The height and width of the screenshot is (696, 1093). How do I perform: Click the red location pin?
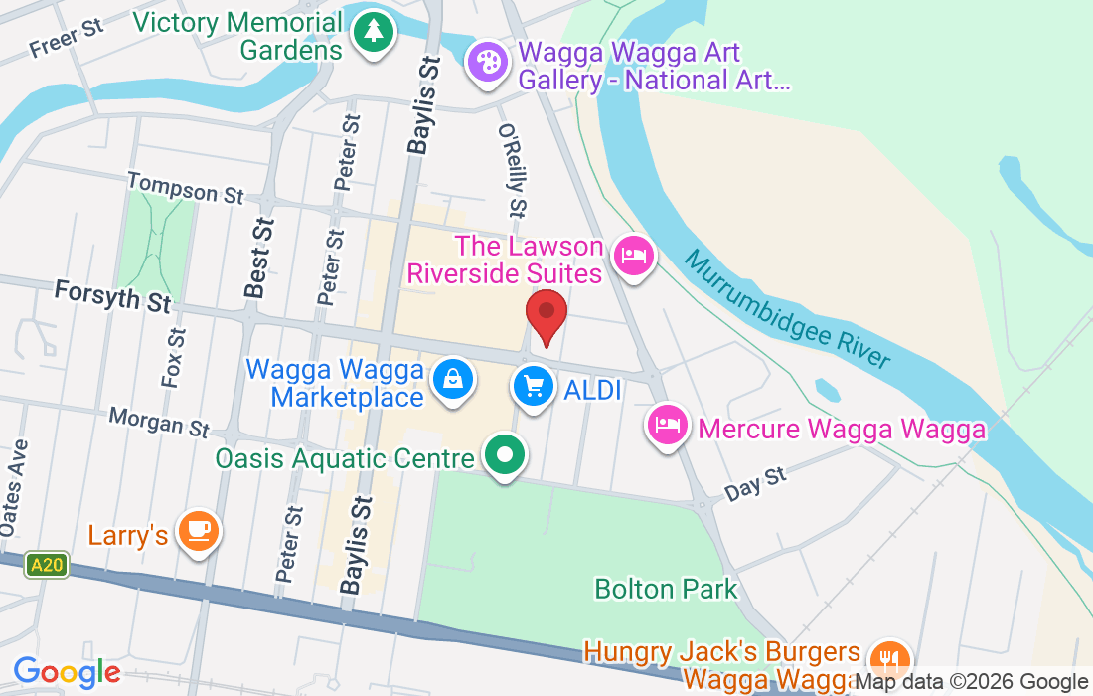pos(546,313)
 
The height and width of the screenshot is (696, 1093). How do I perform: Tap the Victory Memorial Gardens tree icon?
pos(373,32)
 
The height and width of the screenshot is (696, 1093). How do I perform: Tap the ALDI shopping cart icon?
pos(535,386)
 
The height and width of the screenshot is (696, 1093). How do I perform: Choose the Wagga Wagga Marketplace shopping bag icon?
pos(453,380)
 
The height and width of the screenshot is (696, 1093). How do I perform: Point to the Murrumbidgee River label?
pos(786,309)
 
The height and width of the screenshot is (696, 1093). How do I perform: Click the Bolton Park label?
pos(666,589)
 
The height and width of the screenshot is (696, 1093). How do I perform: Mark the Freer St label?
pos(67,38)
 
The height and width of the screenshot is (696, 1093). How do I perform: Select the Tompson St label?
pos(186,187)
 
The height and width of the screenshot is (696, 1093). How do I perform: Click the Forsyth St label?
pos(112,295)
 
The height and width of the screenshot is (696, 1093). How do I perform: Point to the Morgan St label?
pos(159,422)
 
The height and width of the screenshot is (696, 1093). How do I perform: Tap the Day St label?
pos(755,484)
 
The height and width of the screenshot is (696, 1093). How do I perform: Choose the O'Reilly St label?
pos(512,170)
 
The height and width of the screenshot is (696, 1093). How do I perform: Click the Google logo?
pos(67,673)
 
